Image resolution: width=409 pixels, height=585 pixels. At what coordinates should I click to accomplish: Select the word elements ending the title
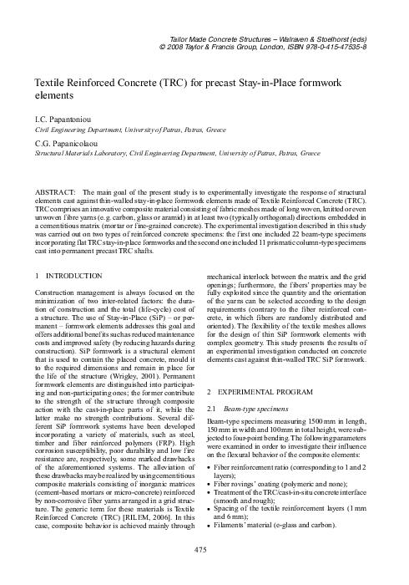pyautogui.click(x=52, y=97)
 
